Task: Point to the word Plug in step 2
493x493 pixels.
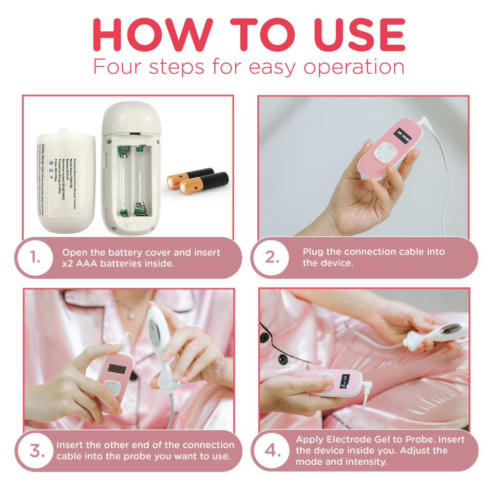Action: [x=313, y=252]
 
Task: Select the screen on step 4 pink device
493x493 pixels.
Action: [x=344, y=383]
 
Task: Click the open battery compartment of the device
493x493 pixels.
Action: [x=132, y=182]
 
